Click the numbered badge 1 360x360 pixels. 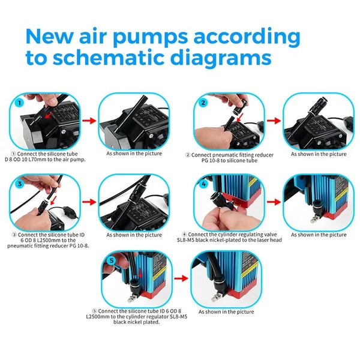20,103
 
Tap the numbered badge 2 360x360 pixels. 203,103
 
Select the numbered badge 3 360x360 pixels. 20,184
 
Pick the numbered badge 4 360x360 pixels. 203,184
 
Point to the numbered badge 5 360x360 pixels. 112,260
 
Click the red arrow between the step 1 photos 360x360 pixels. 89,121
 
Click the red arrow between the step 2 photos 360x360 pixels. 274,121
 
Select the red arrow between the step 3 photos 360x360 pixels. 89,202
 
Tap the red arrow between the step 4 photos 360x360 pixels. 274,202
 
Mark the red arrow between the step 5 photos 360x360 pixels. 181,278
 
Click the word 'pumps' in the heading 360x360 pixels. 151,37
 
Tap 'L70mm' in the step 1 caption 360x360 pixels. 38,160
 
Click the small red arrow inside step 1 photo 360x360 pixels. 48,115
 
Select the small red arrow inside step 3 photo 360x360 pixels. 53,200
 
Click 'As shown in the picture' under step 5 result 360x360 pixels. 226,312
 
